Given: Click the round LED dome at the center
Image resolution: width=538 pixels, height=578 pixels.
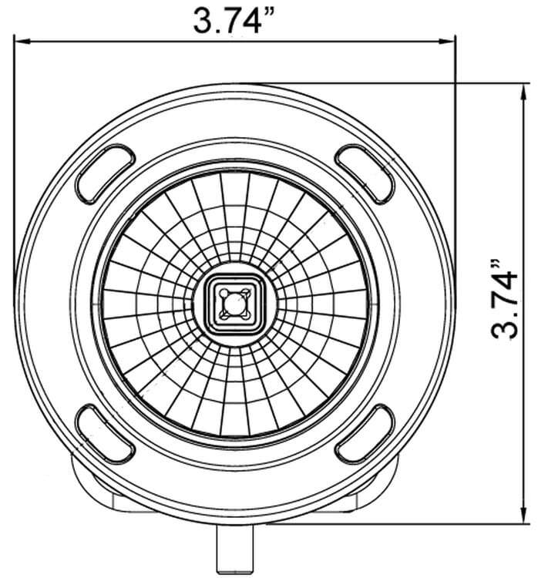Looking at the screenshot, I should [x=234, y=303].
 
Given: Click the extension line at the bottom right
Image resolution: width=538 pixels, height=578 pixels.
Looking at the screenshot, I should [x=462, y=523].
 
